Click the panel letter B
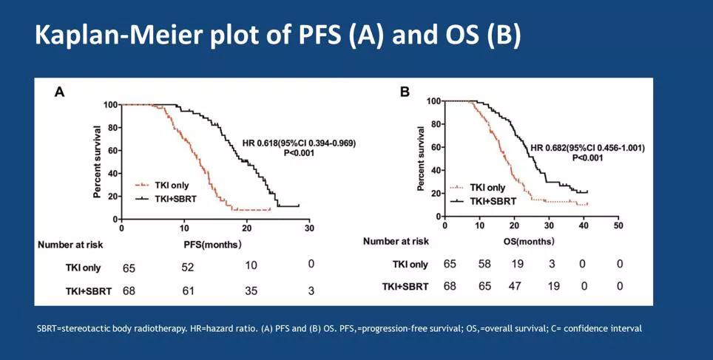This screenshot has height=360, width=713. [x=405, y=92]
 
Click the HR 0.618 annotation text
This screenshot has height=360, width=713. [x=299, y=142]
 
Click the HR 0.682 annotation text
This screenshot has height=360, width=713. [x=587, y=148]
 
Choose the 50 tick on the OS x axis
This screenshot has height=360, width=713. [x=618, y=225]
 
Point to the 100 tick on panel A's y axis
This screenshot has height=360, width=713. [x=110, y=105]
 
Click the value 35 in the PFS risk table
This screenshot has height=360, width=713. [x=251, y=291]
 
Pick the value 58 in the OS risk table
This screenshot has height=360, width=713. [x=484, y=264]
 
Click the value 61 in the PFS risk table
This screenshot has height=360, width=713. [x=189, y=291]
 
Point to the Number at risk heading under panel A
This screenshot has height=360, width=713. [x=75, y=243]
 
